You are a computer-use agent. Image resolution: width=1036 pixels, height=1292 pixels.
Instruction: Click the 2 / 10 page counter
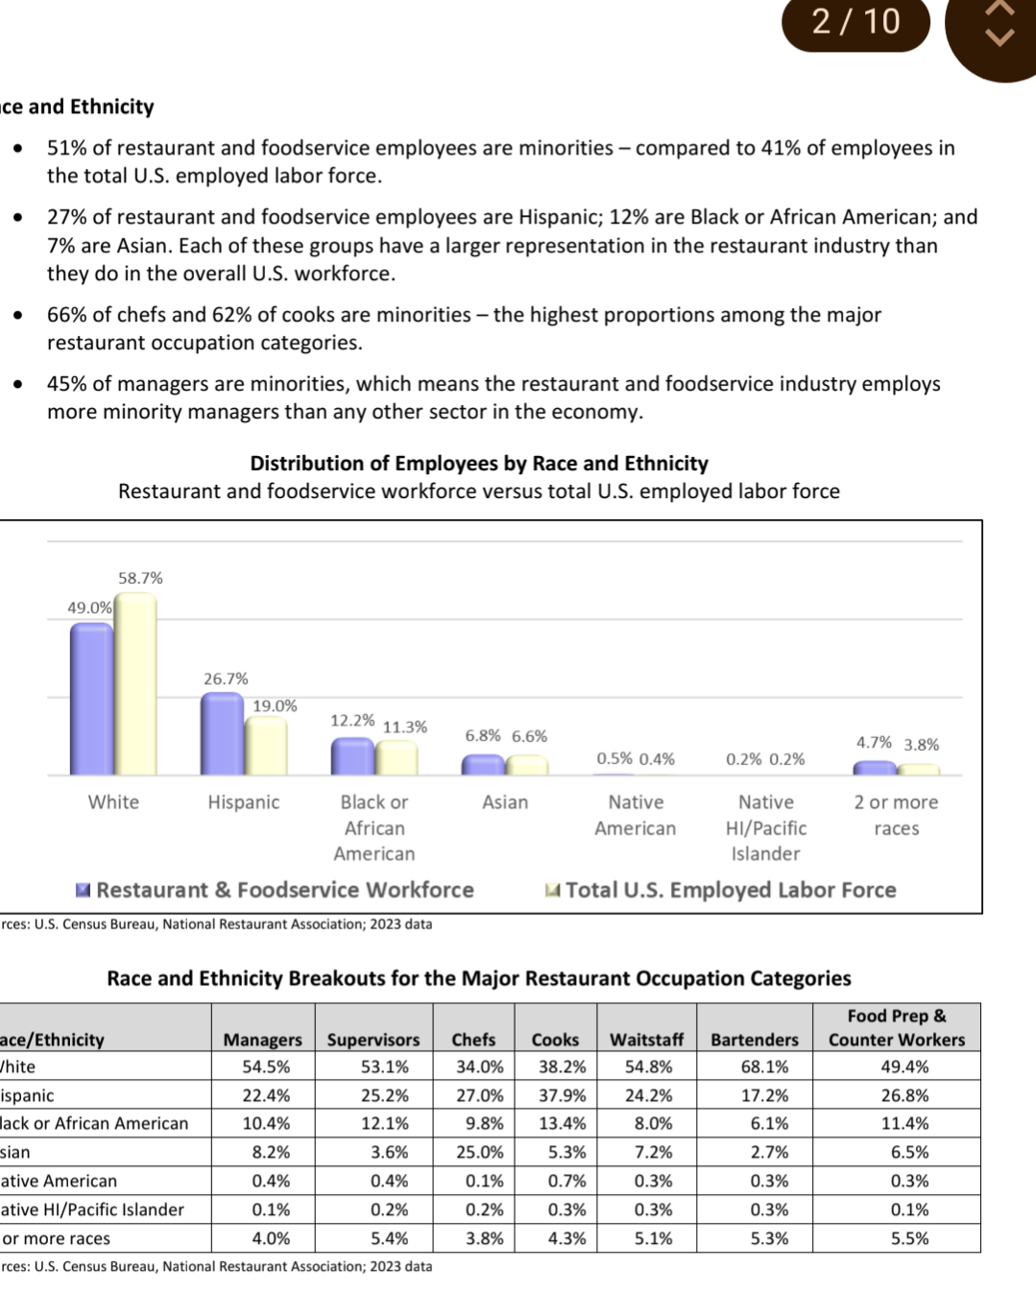point(855,21)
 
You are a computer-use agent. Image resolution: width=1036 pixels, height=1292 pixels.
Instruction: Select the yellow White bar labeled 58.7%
point(135,683)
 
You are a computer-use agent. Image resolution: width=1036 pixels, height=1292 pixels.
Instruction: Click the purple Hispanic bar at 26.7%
point(222,733)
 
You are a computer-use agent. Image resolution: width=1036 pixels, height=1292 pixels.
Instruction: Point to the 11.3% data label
point(404,727)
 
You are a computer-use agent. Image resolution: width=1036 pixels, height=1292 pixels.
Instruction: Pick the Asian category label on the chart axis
point(505,802)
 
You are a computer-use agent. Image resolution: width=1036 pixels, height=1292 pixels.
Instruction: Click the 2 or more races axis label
point(896,815)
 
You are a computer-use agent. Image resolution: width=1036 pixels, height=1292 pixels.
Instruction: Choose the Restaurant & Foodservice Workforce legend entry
point(276,890)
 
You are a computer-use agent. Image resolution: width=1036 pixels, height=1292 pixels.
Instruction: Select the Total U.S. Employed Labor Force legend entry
point(721,890)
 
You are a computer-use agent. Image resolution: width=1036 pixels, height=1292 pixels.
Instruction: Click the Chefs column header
point(473,1040)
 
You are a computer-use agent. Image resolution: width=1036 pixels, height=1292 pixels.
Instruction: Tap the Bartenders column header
point(755,1040)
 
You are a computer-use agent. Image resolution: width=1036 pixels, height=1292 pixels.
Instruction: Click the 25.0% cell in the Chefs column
point(479,1152)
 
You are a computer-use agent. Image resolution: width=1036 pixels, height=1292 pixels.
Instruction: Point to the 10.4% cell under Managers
point(266,1123)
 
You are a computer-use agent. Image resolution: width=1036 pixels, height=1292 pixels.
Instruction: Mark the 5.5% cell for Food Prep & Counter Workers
point(909,1238)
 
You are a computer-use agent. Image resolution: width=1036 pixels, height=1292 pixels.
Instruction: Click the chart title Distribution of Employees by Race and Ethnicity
point(479,464)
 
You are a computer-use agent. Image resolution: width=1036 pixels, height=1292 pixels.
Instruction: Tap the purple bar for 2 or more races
point(875,768)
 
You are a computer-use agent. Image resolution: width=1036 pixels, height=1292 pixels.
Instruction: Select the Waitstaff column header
point(646,1040)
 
